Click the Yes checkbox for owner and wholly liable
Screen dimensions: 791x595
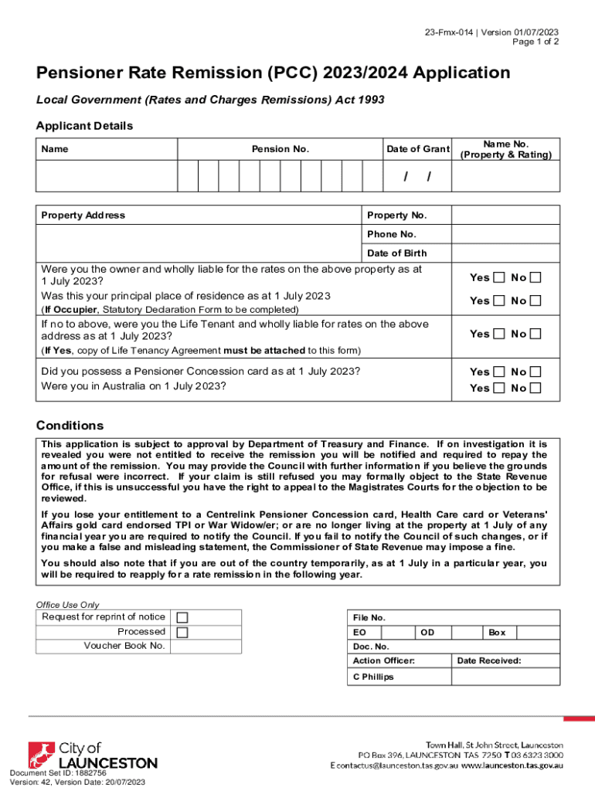[x=499, y=277]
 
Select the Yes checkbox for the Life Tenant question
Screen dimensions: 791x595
[x=499, y=334]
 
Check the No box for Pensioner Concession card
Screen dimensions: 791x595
[x=536, y=372]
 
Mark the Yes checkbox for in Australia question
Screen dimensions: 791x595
[x=499, y=388]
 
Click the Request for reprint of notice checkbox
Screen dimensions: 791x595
[x=182, y=617]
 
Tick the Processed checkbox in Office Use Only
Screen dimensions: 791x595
[x=182, y=632]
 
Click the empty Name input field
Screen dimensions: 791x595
[x=107, y=176]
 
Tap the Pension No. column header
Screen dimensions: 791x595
[x=280, y=149]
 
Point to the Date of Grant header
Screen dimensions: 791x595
[x=418, y=149]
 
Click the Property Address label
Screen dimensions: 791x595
[x=83, y=216]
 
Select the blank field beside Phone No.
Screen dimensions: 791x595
[x=505, y=234]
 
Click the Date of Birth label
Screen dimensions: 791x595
[x=396, y=253]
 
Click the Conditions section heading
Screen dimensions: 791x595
[x=70, y=426]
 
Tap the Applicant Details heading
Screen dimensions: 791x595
[x=84, y=126]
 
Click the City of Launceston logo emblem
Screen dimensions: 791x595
[x=42, y=756]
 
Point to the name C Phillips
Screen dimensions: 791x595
[x=372, y=677]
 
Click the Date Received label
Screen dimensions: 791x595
[x=488, y=660]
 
